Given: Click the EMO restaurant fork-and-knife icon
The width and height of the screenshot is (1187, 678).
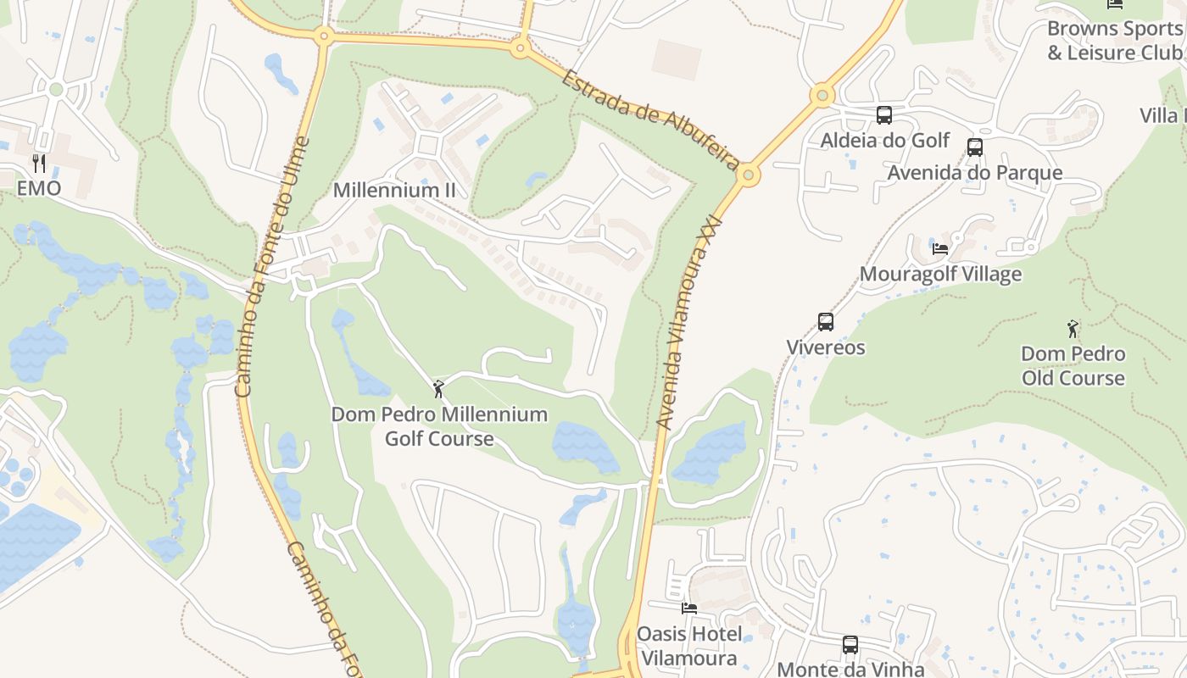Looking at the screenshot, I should [x=39, y=163].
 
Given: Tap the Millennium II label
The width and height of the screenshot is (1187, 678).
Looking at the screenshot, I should [x=394, y=190].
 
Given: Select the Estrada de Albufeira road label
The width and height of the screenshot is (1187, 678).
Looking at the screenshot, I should [x=649, y=119].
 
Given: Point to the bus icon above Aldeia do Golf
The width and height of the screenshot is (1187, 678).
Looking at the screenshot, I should [x=884, y=115].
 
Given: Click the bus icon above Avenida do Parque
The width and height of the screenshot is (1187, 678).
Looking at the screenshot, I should [x=975, y=147].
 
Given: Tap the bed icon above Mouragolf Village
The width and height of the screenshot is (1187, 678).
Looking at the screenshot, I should [x=940, y=248].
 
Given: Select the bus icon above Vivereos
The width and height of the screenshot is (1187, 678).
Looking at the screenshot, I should [x=826, y=322].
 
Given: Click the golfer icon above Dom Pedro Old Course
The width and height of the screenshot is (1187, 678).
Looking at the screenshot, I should [x=1073, y=329].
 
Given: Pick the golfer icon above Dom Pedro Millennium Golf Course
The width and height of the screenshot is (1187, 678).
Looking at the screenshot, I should [x=438, y=389].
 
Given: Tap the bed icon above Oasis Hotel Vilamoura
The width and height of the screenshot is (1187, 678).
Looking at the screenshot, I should [x=689, y=609].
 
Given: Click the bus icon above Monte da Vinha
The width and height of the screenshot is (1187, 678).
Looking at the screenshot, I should [x=850, y=645].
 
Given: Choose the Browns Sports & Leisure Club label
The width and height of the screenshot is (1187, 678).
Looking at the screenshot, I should [x=1114, y=40].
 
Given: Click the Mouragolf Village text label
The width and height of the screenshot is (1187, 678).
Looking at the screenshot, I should [x=940, y=274].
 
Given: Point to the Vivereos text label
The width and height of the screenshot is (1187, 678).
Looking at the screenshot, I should [x=826, y=347].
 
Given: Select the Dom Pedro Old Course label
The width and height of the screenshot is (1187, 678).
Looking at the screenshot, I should [x=1073, y=365].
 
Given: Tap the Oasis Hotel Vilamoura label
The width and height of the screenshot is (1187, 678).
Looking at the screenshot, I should [x=689, y=646].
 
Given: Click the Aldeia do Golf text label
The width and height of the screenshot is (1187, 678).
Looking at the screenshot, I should [x=885, y=140].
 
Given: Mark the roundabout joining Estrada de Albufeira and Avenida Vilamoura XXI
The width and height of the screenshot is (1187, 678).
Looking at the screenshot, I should [x=748, y=175].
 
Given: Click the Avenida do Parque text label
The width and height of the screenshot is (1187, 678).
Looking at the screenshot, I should [x=975, y=173].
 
